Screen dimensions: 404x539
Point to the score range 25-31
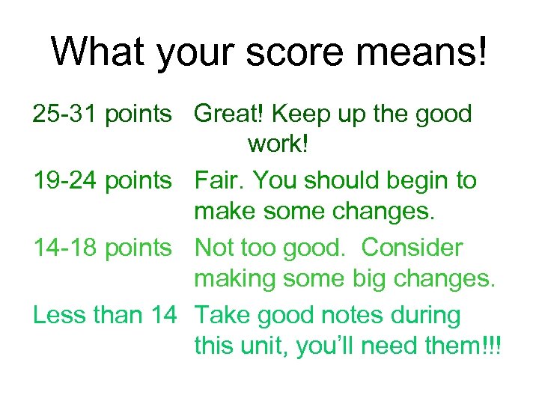pos(65,114)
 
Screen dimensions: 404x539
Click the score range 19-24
pos(65,180)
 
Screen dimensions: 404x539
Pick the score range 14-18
pos(65,247)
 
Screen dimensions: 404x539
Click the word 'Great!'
pos(229,114)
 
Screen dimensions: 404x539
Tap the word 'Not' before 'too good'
pos(213,247)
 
